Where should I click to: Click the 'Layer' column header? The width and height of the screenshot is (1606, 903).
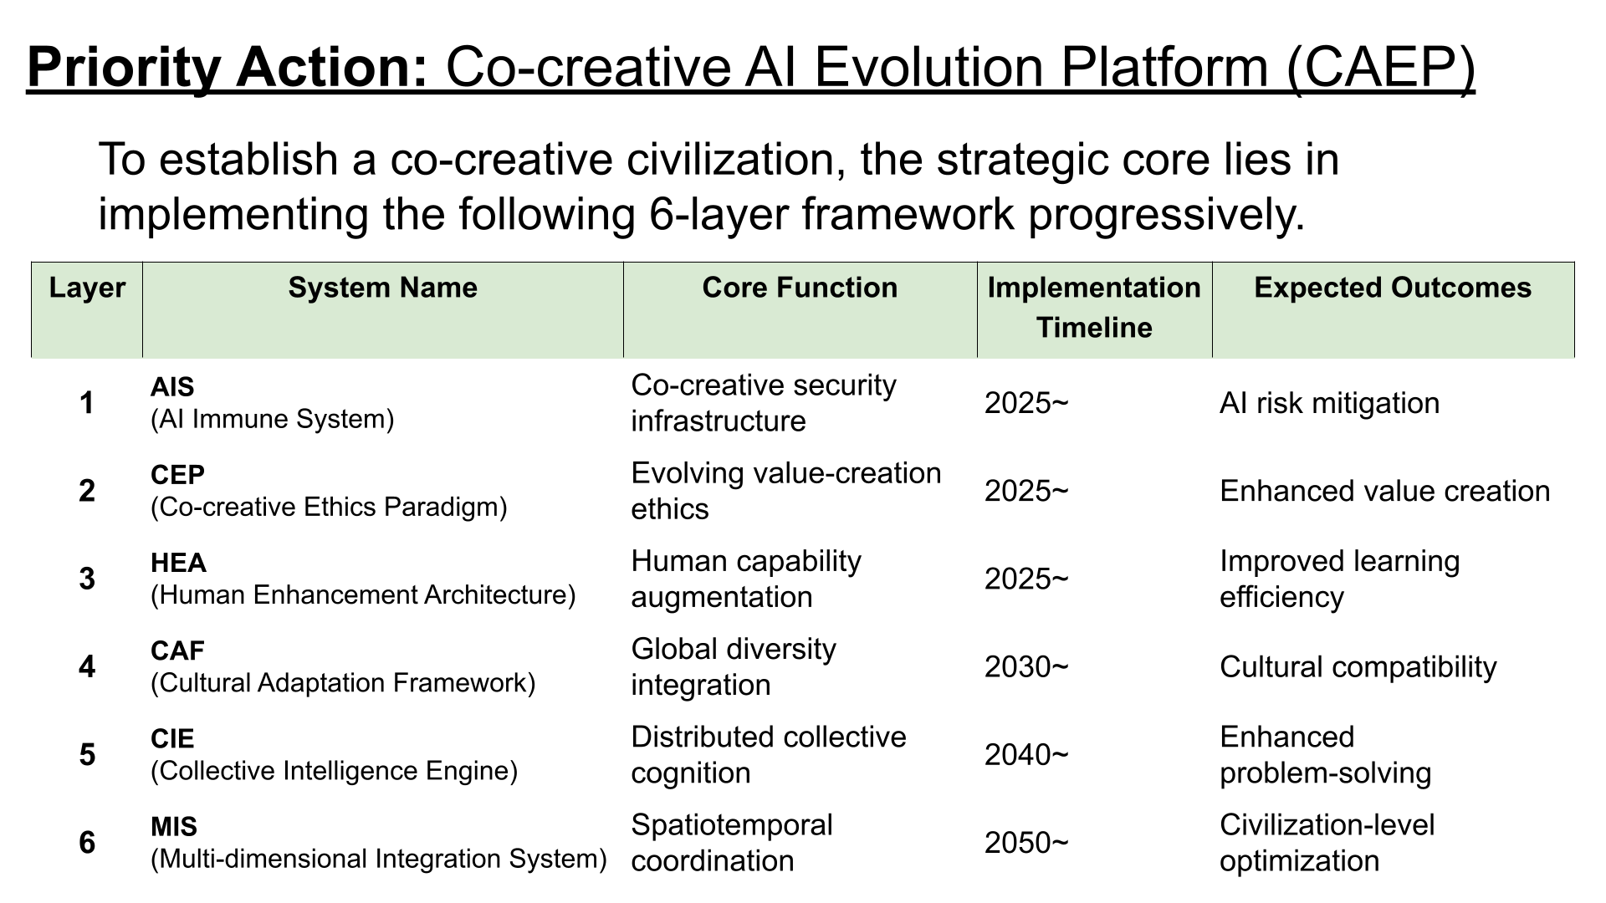click(87, 288)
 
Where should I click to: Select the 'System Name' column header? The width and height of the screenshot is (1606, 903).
click(383, 288)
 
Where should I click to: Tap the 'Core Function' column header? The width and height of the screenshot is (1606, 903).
click(800, 288)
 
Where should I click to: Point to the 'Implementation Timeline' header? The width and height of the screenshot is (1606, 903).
click(1094, 307)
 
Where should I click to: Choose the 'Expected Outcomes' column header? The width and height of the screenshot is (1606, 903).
click(1393, 288)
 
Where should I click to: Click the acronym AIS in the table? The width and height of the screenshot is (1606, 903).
click(172, 387)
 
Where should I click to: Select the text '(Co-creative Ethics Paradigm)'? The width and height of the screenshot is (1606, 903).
click(329, 508)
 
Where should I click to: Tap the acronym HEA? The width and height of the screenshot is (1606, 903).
click(178, 563)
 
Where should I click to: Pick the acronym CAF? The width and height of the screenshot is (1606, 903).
click(177, 650)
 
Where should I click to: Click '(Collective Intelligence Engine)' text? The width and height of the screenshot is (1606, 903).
click(335, 771)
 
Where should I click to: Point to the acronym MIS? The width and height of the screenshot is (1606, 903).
click(174, 827)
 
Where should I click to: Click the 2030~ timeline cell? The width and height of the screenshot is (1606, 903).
click(1026, 667)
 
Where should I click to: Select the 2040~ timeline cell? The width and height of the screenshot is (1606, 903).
click(1026, 756)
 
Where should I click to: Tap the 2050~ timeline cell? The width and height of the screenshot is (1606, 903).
click(1026, 843)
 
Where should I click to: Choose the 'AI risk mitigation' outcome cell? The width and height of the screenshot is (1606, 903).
click(1330, 403)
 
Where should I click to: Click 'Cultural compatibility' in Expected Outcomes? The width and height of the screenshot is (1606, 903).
click(1358, 667)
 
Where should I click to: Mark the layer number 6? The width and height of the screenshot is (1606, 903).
click(87, 843)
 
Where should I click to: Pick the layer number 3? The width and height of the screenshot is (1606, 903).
click(87, 579)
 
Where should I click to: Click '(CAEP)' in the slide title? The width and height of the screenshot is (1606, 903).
click(1380, 67)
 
